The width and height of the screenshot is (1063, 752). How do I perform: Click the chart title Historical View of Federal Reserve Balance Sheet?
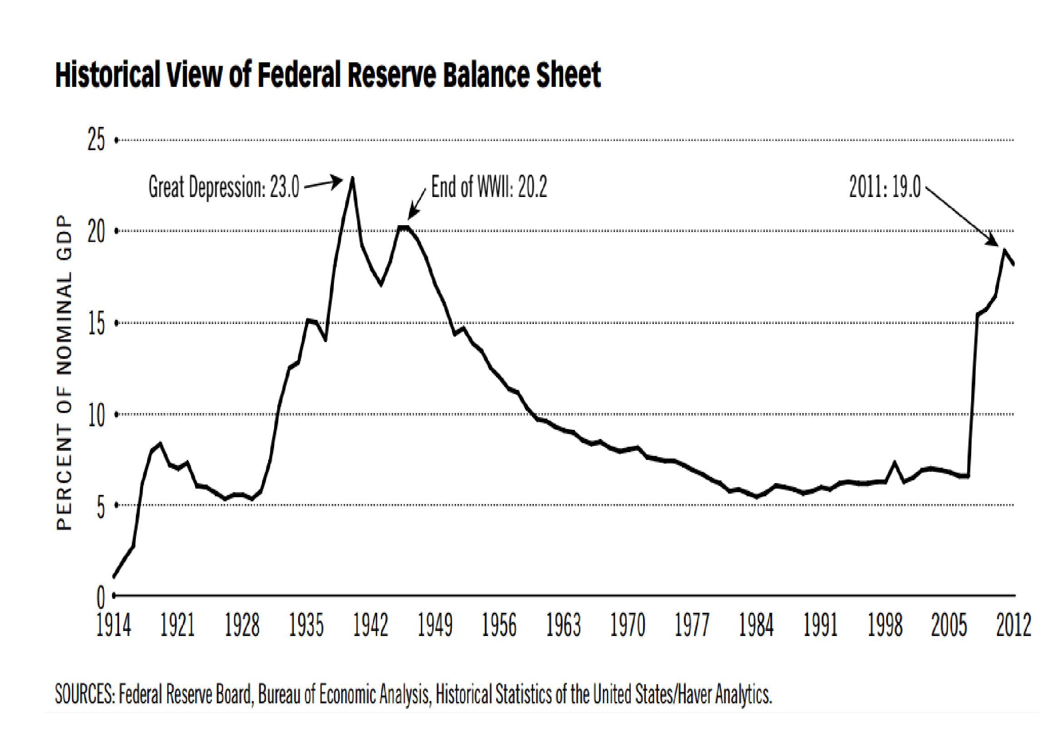[x=328, y=75]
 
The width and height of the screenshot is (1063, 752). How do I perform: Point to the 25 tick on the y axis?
[x=96, y=140]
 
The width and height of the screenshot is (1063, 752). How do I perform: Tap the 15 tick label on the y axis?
[x=96, y=323]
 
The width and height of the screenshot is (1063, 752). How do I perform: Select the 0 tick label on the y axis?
[x=100, y=597]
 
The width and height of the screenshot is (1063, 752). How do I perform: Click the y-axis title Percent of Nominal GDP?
[x=65, y=373]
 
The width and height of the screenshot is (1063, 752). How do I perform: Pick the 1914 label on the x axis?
[x=114, y=625]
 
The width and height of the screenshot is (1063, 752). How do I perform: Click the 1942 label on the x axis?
[x=370, y=625]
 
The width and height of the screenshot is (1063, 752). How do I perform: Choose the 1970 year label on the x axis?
[x=627, y=625]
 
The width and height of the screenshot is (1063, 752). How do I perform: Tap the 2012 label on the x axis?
[x=1013, y=625]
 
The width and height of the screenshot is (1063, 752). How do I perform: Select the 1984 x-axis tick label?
[x=756, y=625]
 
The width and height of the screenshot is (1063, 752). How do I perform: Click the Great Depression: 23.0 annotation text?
[x=224, y=187]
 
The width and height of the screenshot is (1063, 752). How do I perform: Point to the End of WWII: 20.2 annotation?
[x=489, y=187]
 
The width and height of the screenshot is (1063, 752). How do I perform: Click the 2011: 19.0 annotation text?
[x=885, y=187]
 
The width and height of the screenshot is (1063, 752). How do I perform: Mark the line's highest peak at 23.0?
[x=353, y=178]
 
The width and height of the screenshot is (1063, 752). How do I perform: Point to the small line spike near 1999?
[x=894, y=462]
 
